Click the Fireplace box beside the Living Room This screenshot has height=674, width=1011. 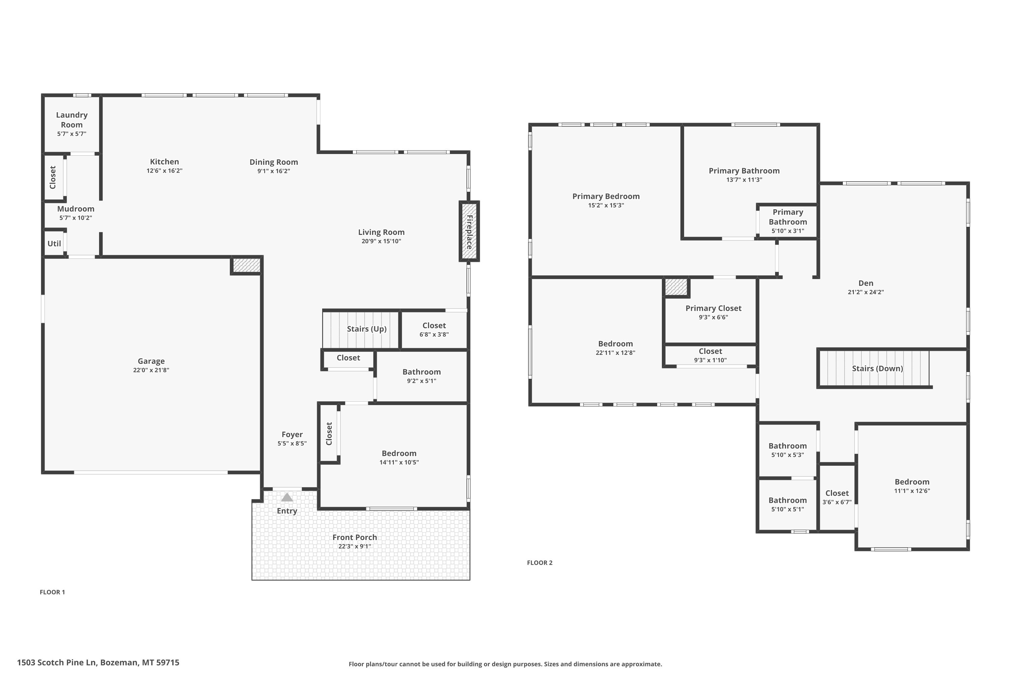[x=469, y=231]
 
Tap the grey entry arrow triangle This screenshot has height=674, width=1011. [x=287, y=497]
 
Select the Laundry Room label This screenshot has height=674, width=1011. [x=72, y=120]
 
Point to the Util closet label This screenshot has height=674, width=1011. [x=54, y=244]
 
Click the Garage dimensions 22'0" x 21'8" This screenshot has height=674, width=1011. [x=151, y=370]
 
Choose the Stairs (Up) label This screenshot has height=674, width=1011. [x=367, y=329]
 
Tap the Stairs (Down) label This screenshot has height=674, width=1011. [x=877, y=368]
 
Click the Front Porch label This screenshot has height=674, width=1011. [x=355, y=537]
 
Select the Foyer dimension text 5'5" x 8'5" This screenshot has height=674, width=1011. [x=292, y=443]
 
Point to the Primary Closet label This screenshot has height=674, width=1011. [x=713, y=308]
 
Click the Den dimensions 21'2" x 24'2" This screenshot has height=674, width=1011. [x=866, y=292]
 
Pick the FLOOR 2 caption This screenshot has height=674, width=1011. [x=540, y=563]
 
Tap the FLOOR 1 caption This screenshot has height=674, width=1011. [x=53, y=592]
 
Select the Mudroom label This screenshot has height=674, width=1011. [x=75, y=209]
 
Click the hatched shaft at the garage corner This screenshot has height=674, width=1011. [x=247, y=265]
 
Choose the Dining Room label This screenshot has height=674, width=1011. [x=274, y=162]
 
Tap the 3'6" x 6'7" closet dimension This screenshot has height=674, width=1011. [x=837, y=502]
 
